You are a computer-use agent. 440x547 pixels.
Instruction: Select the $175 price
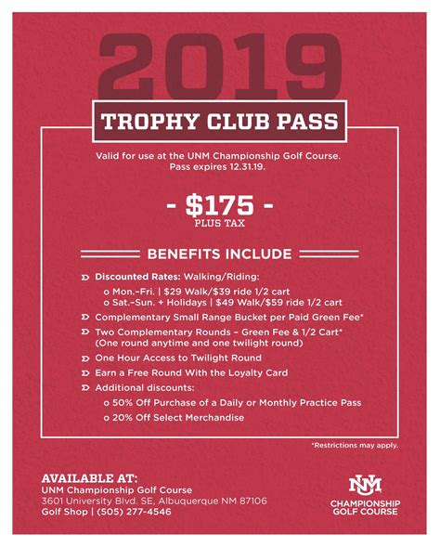click(x=219, y=204)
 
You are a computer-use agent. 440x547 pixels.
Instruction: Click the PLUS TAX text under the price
click(x=220, y=223)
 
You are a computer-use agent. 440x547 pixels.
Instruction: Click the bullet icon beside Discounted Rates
click(x=85, y=276)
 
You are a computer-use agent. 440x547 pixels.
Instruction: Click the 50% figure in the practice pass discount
click(x=124, y=401)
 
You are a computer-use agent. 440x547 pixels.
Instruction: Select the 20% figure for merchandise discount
click(x=124, y=418)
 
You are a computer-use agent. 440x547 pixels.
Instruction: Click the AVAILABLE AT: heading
click(x=89, y=476)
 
